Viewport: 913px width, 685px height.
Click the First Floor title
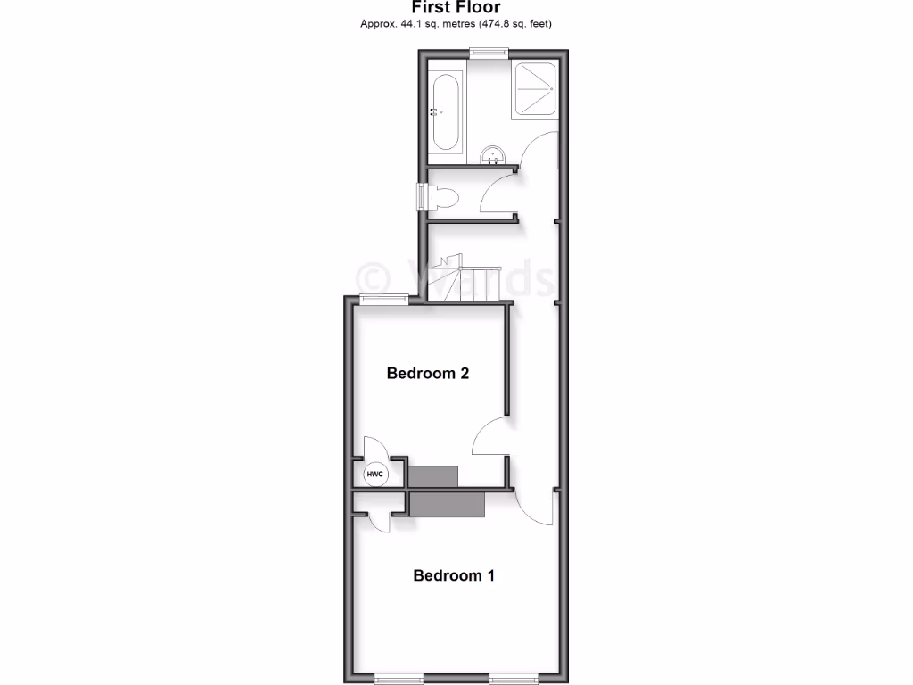[x=456, y=8]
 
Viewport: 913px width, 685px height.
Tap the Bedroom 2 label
[x=428, y=373]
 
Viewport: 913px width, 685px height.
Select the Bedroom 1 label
[x=454, y=575]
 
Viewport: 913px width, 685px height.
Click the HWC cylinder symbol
[x=375, y=475]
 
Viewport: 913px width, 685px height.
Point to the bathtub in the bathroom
[x=445, y=112]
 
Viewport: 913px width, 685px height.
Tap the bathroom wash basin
[x=491, y=157]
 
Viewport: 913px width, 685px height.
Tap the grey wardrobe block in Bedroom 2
[x=433, y=475]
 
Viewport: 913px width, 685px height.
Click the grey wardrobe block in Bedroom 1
[x=448, y=504]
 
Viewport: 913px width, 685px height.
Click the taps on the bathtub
[x=434, y=112]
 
